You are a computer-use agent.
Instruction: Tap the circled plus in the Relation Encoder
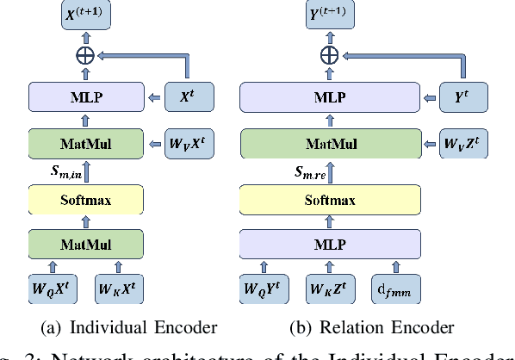click(x=328, y=55)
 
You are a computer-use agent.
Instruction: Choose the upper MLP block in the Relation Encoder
click(x=328, y=97)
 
